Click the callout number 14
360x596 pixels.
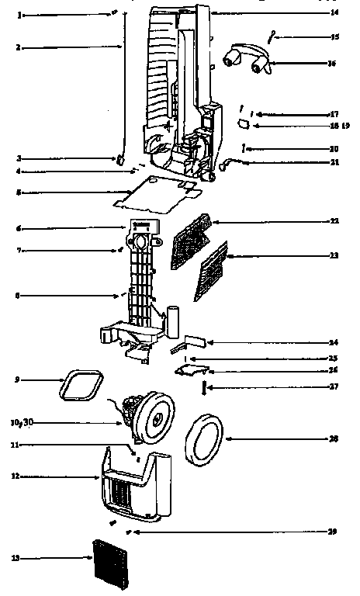pos(334,13)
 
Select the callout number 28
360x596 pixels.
pos(334,438)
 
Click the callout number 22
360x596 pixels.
pos(334,222)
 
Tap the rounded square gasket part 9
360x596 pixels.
pos(83,385)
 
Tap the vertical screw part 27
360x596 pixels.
pos(205,386)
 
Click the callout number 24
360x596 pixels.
pos(334,342)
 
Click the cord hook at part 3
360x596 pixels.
pos(121,159)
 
